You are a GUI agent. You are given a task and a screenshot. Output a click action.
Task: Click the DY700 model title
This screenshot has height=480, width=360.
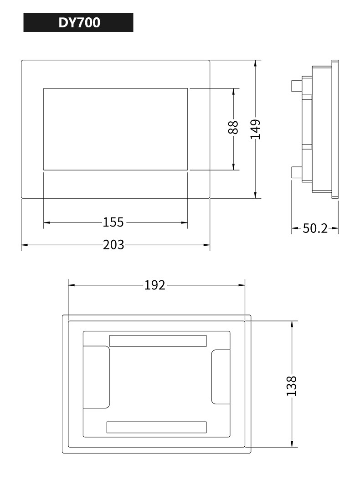79,23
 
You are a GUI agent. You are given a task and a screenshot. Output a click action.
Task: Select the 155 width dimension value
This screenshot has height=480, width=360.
113,222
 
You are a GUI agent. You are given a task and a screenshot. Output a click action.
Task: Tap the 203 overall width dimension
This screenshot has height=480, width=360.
113,245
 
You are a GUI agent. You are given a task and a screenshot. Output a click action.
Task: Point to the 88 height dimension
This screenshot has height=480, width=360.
233,127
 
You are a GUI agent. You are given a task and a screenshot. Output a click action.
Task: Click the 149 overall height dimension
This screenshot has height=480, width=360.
255,129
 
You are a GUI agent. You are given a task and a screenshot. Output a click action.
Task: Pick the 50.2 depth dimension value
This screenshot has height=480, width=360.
315,228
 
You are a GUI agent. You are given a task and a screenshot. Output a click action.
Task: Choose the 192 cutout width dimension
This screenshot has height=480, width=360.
155,285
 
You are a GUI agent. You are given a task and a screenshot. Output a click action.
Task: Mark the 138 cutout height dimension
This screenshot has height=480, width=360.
292,386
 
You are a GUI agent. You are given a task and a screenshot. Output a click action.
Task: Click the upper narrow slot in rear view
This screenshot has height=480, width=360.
158,341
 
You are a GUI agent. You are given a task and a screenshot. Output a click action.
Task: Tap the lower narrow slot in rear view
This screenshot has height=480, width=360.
156,427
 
